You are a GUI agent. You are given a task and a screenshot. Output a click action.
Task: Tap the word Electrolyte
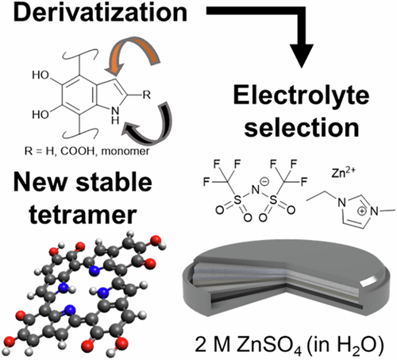pyautogui.click(x=301, y=95)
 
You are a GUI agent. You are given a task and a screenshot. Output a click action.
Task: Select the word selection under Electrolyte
pyautogui.click(x=302, y=127)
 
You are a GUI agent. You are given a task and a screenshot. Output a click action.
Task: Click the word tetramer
pyautogui.click(x=83, y=215)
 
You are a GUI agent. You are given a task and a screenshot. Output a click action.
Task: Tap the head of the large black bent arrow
pyautogui.click(x=302, y=55)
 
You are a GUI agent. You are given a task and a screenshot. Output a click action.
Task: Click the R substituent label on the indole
pyautogui.click(x=147, y=95)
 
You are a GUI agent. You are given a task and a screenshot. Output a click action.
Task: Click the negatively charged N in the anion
pyautogui.click(x=256, y=189)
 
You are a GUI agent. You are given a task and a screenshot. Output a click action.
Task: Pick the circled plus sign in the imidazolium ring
pyautogui.click(x=361, y=211)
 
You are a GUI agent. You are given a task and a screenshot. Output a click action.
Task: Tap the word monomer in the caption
pyautogui.click(x=125, y=152)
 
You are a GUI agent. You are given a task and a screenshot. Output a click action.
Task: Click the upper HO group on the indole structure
pyautogui.click(x=40, y=75)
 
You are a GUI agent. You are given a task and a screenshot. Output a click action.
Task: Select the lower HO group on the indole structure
pyautogui.click(x=40, y=114)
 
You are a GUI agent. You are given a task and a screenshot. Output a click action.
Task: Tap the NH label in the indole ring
pyautogui.click(x=115, y=116)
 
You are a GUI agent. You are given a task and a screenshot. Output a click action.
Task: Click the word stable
pyautogui.click(x=114, y=183)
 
